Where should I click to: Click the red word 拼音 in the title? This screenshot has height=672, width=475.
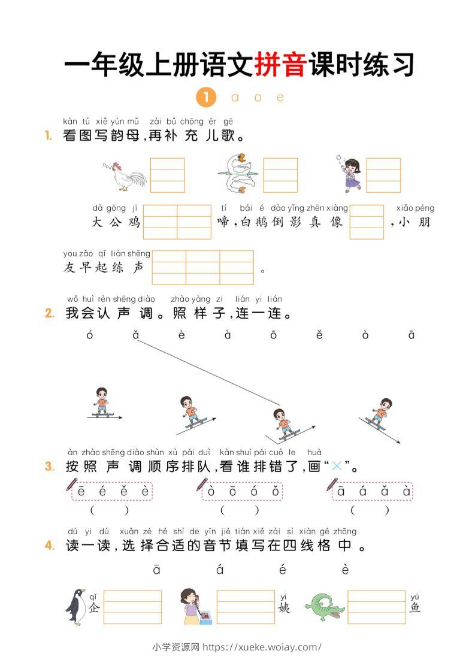click(x=281, y=65)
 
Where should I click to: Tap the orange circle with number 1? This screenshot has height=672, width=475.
click(x=205, y=97)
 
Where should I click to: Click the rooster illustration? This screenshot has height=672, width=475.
click(x=125, y=175)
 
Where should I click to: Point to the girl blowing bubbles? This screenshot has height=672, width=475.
click(x=350, y=173)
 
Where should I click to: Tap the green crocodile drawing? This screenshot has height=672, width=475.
click(x=325, y=606)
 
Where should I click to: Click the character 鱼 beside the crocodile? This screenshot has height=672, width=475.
click(x=415, y=607)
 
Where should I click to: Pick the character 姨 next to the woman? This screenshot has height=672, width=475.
click(x=284, y=607)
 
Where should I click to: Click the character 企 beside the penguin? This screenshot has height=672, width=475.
click(x=93, y=607)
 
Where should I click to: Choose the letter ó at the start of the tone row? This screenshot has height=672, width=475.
click(x=90, y=335)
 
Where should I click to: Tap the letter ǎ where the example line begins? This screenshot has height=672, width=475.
click(x=136, y=335)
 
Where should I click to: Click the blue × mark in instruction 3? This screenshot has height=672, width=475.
click(x=337, y=467)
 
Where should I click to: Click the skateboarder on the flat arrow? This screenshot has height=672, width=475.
click(x=102, y=402)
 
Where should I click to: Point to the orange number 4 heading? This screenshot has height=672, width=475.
click(x=50, y=546)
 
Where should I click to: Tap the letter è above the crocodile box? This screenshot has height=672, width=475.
click(x=345, y=570)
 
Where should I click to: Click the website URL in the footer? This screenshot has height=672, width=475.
click(x=262, y=647)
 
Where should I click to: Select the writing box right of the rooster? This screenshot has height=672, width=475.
click(x=167, y=175)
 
